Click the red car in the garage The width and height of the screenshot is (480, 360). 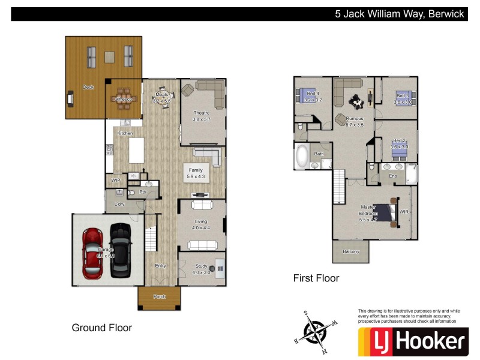pos(92,253)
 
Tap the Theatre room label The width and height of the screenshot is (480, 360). pos(201,113)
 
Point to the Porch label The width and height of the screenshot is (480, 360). pos(159,296)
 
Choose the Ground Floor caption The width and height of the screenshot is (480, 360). pos(101,328)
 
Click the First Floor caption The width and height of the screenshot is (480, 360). pos(316,278)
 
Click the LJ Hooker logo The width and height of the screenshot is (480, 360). pos(412,341)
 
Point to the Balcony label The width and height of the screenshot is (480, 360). pos(350,251)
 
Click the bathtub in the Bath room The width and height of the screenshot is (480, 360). pos(301,157)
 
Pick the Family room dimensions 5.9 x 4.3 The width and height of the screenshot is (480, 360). pos(196,176)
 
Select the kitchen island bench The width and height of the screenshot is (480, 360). pos(137,150)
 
